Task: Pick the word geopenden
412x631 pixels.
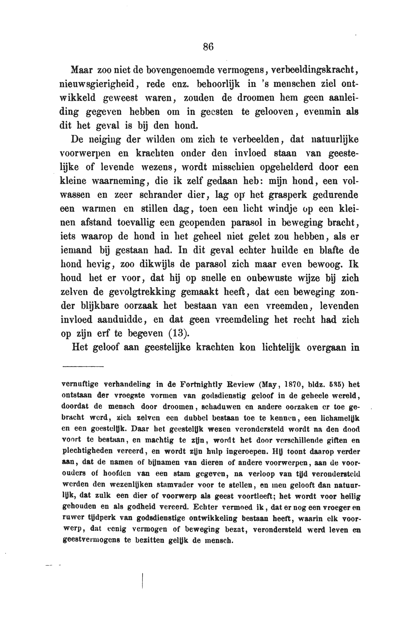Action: pyautogui.click(x=202, y=222)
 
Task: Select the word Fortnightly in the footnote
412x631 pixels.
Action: pyautogui.click(x=200, y=384)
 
